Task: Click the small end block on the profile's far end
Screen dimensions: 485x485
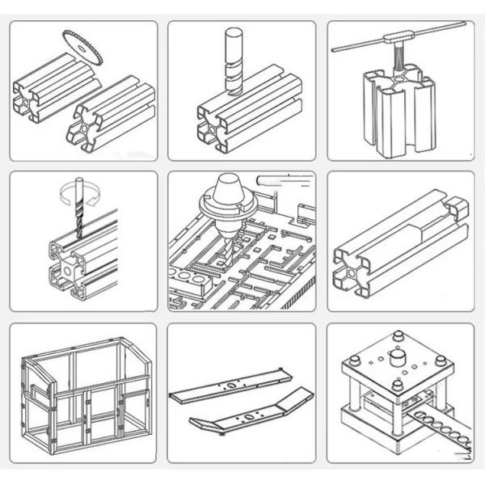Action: point(457,208)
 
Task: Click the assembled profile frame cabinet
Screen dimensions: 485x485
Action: point(84,392)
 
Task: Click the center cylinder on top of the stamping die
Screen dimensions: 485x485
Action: point(397,357)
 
